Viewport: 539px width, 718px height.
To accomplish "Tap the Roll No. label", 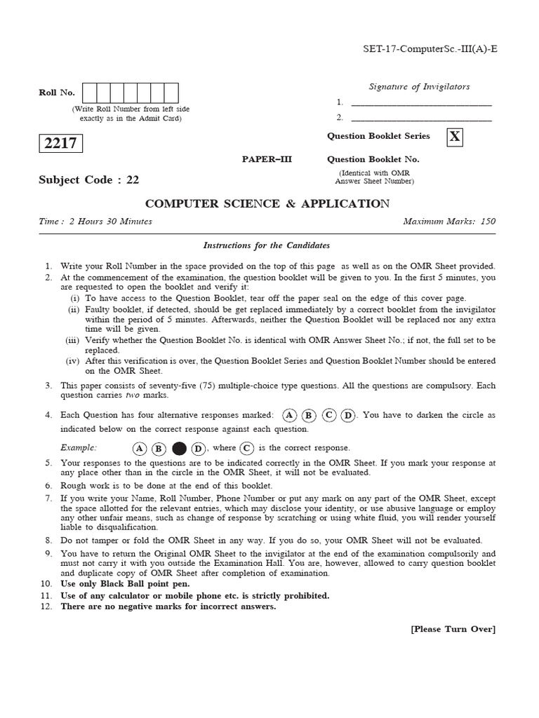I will (x=56, y=93).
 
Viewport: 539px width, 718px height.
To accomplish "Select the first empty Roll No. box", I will (x=90, y=93).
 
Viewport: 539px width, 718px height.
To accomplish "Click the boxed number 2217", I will (x=60, y=144).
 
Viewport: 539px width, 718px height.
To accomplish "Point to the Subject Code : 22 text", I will (x=88, y=179).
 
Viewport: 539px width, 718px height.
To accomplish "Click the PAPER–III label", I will (x=266, y=159).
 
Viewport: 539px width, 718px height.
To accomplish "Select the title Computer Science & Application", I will (x=267, y=203).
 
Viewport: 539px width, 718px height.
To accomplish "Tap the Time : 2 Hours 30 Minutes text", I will (x=95, y=222).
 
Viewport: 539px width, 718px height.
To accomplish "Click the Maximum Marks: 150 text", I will (x=449, y=222).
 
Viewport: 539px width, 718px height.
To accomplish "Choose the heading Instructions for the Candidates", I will (x=266, y=245).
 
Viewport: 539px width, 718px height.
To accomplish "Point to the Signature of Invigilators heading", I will (x=419, y=87).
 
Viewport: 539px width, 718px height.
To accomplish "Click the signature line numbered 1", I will (x=421, y=104).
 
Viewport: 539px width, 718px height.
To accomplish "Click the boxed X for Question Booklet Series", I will (x=455, y=137).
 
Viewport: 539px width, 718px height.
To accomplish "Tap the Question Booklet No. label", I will (x=373, y=159).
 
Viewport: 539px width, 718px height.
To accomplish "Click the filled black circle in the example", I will (x=179, y=449).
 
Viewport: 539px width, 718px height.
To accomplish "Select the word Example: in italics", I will (x=79, y=448).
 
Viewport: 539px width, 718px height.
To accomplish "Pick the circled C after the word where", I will (x=246, y=448).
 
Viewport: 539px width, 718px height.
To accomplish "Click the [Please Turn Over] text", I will (x=453, y=629).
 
